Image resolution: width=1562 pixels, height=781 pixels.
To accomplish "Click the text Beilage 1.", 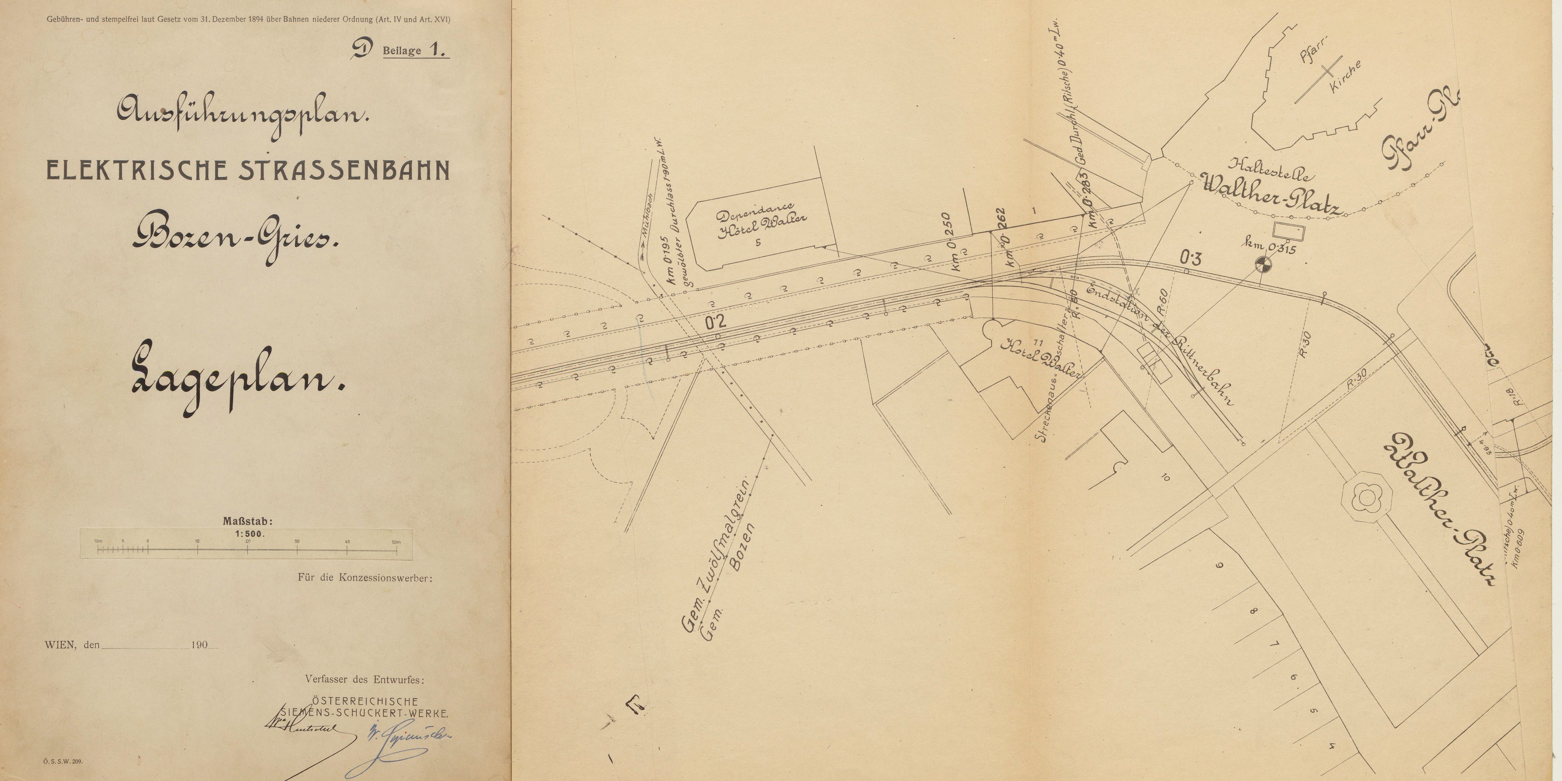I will (x=415, y=50).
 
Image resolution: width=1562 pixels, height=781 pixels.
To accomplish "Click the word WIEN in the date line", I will (x=60, y=645).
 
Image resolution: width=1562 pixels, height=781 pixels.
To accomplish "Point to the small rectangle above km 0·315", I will (x=1287, y=231).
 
